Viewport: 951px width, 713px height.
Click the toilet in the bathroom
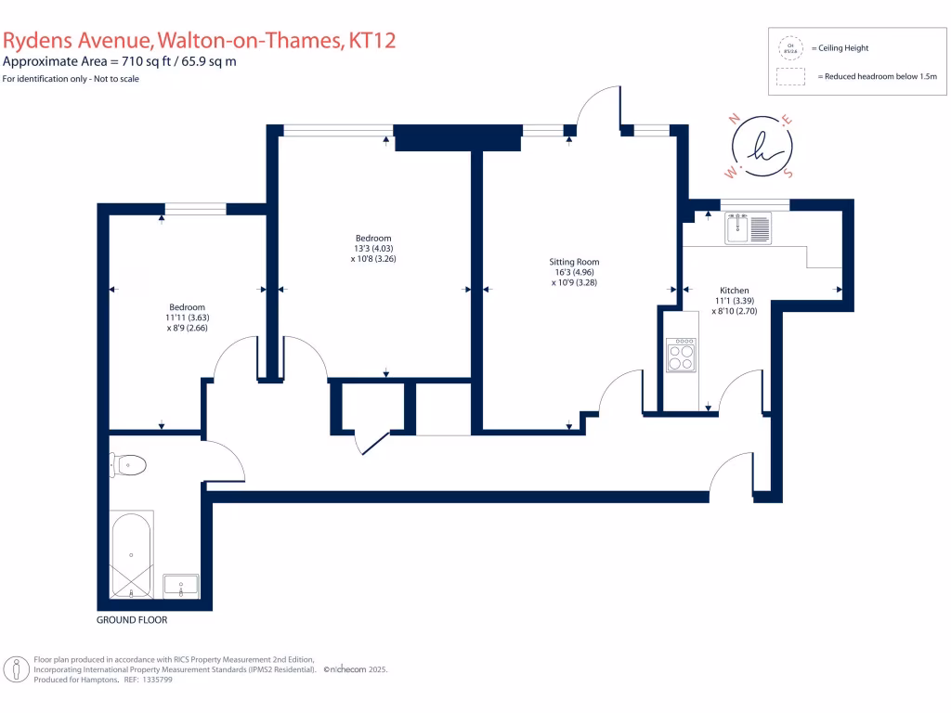coord(128,463)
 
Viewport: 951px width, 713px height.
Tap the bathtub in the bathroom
coord(131,555)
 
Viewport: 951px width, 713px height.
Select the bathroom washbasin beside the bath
coord(181,586)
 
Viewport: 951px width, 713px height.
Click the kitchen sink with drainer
coord(749,227)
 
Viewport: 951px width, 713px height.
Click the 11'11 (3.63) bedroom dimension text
coord(187,318)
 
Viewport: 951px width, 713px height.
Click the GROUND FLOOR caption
coord(132,619)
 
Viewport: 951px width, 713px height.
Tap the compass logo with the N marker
coord(761,147)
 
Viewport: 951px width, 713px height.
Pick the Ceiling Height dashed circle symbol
coord(790,46)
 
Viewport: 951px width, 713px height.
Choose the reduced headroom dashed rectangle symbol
coord(790,77)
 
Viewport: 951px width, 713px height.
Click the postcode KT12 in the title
coord(374,41)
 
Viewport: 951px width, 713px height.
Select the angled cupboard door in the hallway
coord(375,442)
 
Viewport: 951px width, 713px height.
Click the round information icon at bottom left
coord(16,668)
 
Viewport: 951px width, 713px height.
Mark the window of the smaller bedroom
coord(195,209)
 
